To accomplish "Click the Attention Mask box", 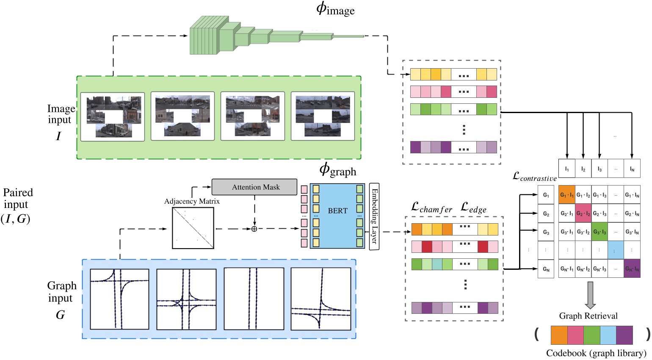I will point(254,187).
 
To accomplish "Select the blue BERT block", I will point(337,216).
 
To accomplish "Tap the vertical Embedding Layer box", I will point(374,216).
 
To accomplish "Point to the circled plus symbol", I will point(254,229).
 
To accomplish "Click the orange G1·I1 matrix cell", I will point(567,195).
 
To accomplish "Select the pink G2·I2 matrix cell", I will point(583,213).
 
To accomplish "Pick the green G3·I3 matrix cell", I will point(599,232).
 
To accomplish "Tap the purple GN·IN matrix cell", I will point(632,269).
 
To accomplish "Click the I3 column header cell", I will point(599,169).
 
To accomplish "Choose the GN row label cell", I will point(546,269).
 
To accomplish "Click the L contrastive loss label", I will point(534,177).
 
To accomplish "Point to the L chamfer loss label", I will point(431,208).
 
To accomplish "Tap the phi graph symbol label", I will point(337,170).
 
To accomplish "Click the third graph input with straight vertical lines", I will point(254,299).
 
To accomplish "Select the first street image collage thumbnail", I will point(113,116).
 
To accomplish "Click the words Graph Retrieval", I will point(588,316).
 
